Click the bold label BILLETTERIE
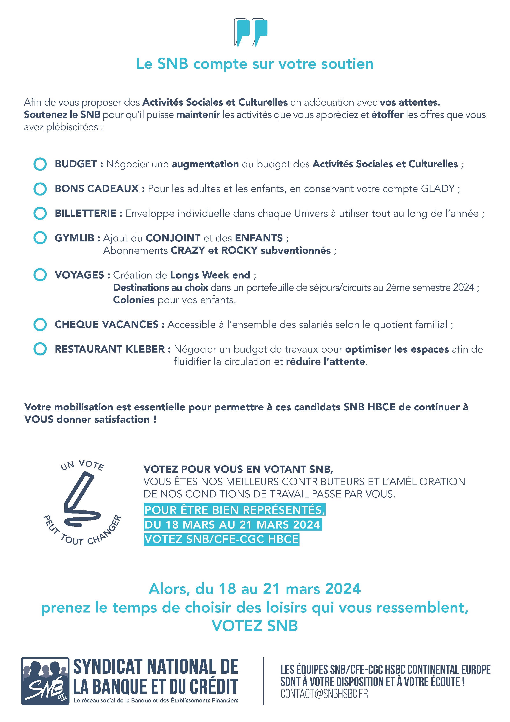click(x=86, y=213)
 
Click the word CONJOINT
click(x=173, y=238)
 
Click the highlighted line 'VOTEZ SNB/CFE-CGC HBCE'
click(x=221, y=539)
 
